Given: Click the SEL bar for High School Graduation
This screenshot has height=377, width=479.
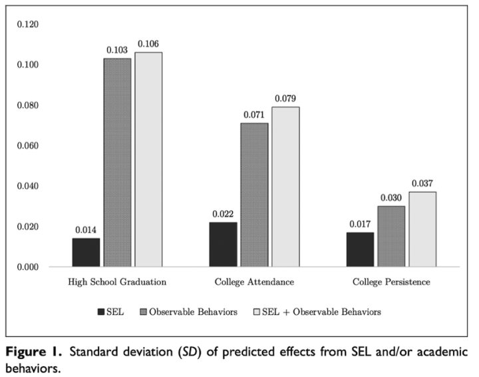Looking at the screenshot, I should [86, 252].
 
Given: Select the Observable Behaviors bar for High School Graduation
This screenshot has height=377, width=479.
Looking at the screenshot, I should [117, 163].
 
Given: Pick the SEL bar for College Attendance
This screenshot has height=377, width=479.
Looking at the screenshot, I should [223, 244].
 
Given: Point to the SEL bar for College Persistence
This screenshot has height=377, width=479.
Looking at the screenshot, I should [359, 249].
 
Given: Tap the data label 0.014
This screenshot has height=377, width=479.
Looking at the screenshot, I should [86, 230].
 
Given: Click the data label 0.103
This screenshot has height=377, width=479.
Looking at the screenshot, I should [117, 50].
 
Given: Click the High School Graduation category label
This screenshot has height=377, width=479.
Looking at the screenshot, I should [117, 282].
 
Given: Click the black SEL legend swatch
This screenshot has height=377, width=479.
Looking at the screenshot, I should [101, 311].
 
